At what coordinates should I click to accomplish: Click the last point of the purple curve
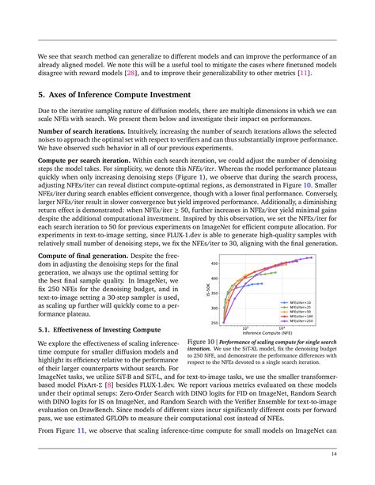click(x=313, y=257)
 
